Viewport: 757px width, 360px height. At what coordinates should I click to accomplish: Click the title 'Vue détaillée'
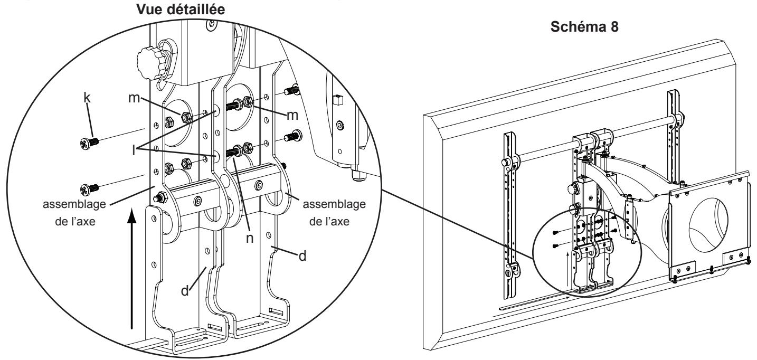pyautogui.click(x=181, y=10)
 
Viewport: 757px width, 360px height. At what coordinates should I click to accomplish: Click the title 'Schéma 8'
pyautogui.click(x=584, y=27)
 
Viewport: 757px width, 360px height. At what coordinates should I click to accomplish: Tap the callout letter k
pyautogui.click(x=87, y=98)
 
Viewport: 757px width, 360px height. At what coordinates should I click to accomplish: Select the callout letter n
pyautogui.click(x=249, y=238)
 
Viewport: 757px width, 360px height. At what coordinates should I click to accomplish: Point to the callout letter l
pyautogui.click(x=134, y=150)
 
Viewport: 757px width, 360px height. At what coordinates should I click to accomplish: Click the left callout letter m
pyautogui.click(x=134, y=98)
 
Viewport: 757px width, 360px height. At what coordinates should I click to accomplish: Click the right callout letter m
pyautogui.click(x=292, y=116)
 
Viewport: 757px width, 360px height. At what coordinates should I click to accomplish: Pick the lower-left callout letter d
pyautogui.click(x=185, y=291)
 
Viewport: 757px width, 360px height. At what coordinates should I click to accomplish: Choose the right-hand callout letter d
pyautogui.click(x=302, y=256)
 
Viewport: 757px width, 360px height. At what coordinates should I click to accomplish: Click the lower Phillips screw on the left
pyautogui.click(x=89, y=189)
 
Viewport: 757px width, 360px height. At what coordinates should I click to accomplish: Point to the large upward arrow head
pyautogui.click(x=132, y=216)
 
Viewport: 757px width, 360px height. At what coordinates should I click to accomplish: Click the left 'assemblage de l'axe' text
pyautogui.click(x=74, y=213)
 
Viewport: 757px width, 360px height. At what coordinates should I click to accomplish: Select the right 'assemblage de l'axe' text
pyautogui.click(x=334, y=213)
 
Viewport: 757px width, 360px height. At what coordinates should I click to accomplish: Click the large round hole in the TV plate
pyautogui.click(x=708, y=225)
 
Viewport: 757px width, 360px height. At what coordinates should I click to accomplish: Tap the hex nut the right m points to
pyautogui.click(x=248, y=101)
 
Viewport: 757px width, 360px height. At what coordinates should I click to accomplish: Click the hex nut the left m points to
pyautogui.click(x=186, y=117)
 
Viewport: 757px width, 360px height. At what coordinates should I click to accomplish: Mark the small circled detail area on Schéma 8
pyautogui.click(x=586, y=253)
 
